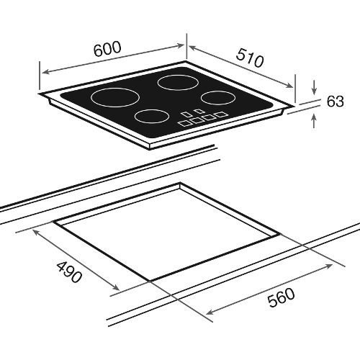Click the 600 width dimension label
pos(107,49)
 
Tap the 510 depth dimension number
pos(250,58)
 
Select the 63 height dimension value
pos(336,102)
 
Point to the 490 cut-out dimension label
pos(69,271)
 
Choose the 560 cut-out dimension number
pos(281,297)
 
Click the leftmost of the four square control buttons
pos(184,123)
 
